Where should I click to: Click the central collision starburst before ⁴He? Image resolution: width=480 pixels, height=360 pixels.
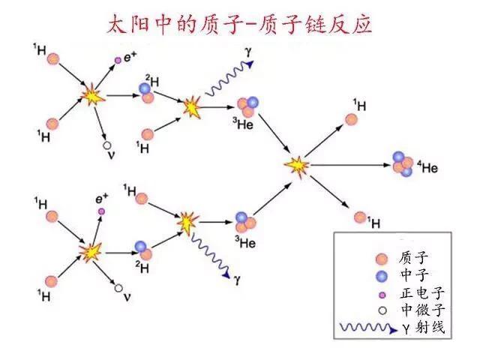point(298,164)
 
